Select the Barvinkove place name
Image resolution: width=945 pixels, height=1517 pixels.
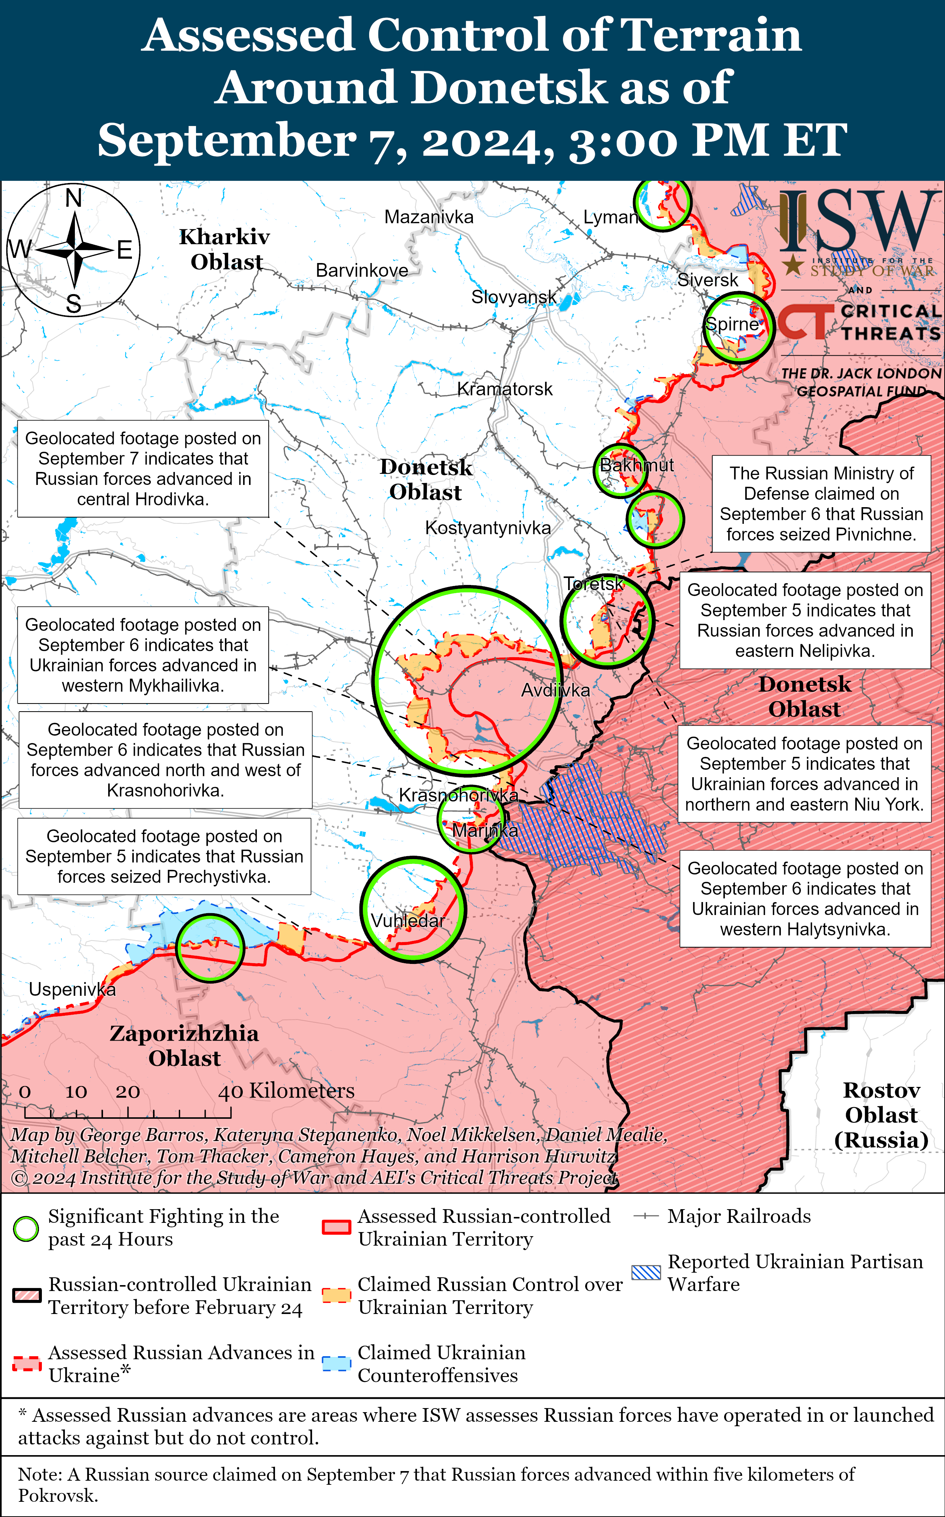click(362, 270)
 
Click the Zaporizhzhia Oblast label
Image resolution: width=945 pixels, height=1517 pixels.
click(185, 1045)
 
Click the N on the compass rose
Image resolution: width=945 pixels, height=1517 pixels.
click(74, 198)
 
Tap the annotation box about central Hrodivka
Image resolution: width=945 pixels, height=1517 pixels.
click(143, 469)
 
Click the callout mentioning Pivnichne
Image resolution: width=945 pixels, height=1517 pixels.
click(821, 503)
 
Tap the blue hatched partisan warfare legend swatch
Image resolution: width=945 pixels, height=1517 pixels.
click(646, 1273)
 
